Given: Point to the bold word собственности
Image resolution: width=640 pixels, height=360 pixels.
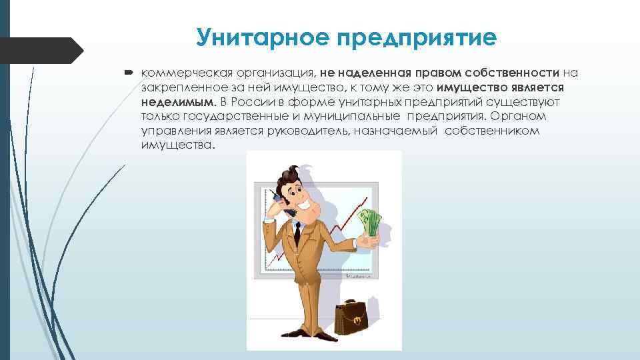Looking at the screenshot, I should (x=513, y=72).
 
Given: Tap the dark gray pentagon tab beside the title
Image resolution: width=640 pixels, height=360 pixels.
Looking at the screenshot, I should (x=40, y=51).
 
